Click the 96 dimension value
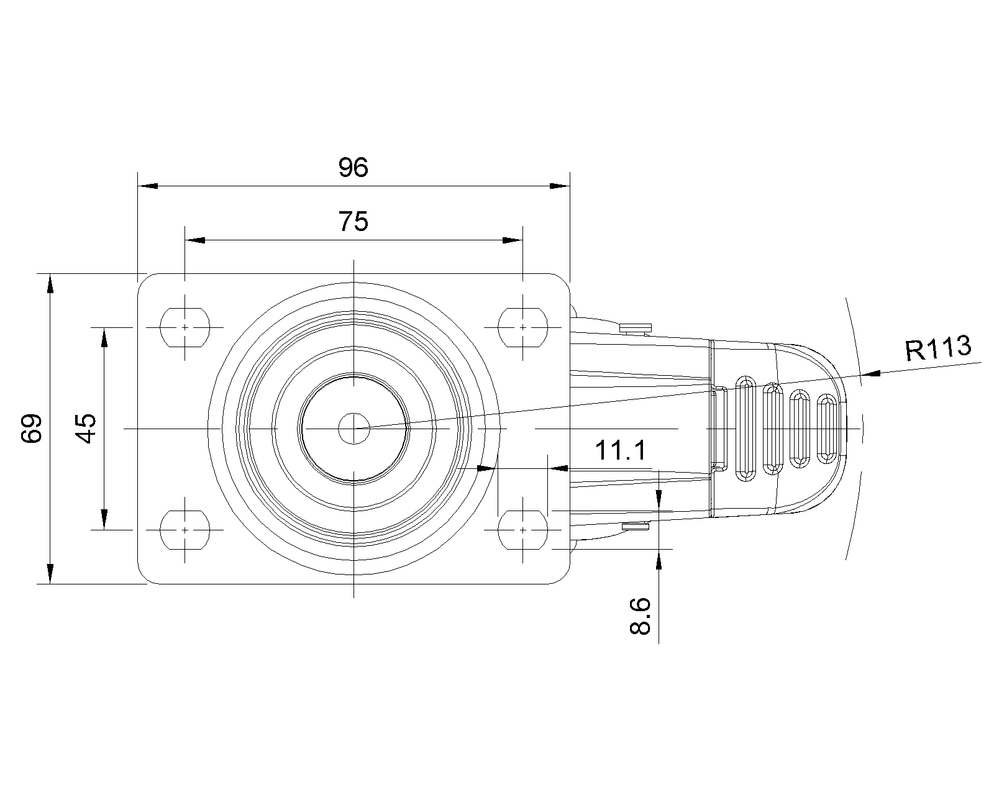353,168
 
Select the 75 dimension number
353,222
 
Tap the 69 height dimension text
32,429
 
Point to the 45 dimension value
86,428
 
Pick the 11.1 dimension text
621,450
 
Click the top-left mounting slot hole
185,327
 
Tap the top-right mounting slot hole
523,327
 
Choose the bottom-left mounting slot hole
185,530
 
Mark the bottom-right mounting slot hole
523,530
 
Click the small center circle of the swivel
354,429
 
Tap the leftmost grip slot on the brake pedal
745,429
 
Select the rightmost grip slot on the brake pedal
827,429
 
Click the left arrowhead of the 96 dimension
148,186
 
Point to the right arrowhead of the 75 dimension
513,240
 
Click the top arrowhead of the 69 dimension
50,283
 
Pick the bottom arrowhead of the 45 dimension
104,520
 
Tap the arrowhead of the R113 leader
871,374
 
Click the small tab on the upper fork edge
636,328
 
